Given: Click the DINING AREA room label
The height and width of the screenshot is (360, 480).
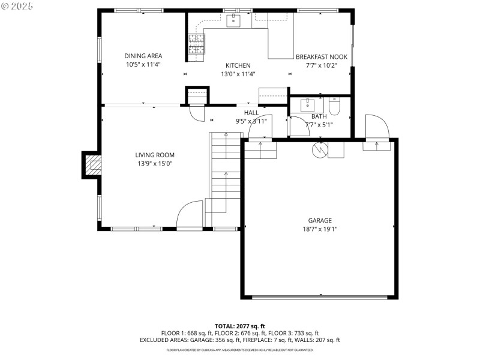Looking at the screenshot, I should (x=143, y=56).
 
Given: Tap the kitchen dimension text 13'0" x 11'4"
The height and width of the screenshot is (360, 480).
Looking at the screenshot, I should (x=238, y=74).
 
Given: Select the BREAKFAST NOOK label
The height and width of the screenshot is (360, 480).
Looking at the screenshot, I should (x=322, y=57).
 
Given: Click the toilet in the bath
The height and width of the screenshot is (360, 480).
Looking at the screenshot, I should (x=335, y=106).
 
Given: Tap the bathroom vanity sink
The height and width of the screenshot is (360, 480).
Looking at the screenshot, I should (x=311, y=104).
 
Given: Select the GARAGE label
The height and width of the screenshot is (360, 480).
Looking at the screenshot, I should (x=320, y=220).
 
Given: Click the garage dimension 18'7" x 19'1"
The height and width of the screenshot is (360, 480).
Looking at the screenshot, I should (x=320, y=229).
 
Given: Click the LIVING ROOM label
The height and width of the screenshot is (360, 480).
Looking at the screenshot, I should (x=155, y=155).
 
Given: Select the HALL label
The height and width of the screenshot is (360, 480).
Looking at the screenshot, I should (x=251, y=112).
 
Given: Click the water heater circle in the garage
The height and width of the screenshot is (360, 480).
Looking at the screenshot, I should (x=320, y=149).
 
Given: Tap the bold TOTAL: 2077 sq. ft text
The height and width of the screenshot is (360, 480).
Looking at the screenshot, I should (x=239, y=326).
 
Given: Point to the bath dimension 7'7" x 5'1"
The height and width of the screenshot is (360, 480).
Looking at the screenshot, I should (x=319, y=125).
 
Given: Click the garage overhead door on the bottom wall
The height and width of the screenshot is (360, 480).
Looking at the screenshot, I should (x=320, y=296).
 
